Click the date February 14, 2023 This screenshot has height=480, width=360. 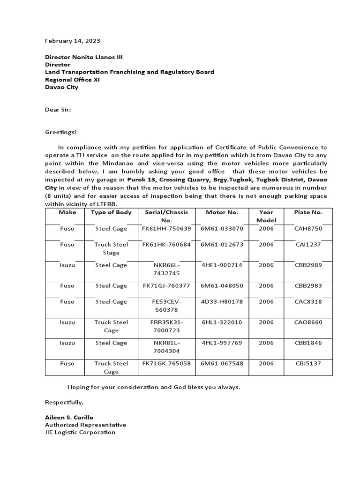(72, 41)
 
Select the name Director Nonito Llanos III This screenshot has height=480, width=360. (84, 57)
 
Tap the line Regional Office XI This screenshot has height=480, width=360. (72, 80)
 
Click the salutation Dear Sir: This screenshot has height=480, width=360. (58, 110)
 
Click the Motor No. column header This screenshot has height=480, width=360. (222, 212)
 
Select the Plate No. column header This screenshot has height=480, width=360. (308, 212)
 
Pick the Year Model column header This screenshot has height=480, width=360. (266, 216)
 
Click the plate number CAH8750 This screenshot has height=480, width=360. (308, 228)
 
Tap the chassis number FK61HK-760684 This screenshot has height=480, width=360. (166, 245)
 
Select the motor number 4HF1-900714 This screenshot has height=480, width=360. (222, 265)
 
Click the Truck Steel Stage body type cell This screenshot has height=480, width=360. (111, 248)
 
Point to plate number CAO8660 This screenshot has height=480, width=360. (308, 322)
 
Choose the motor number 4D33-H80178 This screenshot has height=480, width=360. (222, 302)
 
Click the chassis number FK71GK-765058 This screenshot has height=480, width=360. (166, 363)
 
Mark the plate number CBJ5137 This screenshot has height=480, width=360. (308, 363)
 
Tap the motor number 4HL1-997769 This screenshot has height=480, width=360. (222, 343)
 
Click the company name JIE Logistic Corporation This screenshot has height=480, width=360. (80, 432)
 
